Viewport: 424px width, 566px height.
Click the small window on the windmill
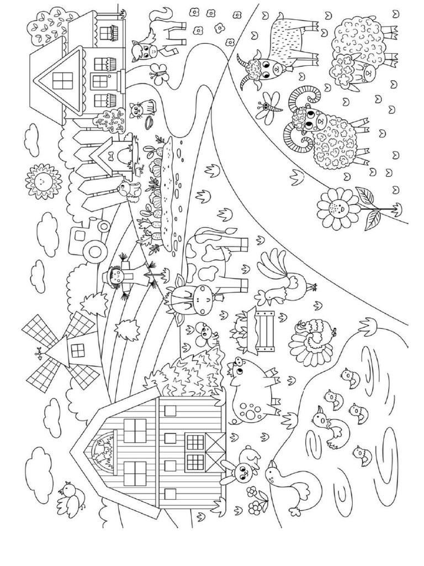point(78,350)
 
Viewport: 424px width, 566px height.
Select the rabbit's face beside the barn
point(239,471)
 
